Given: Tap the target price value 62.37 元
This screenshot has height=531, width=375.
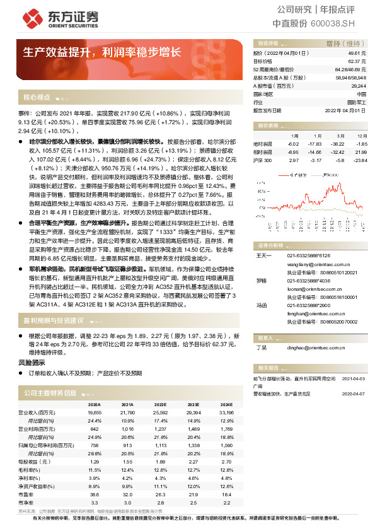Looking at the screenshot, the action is [358, 62].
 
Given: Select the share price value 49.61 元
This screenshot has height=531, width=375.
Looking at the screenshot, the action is [358, 54].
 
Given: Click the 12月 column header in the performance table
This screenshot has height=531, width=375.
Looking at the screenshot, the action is [361, 136].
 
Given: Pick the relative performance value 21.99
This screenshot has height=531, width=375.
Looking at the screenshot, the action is [361, 152].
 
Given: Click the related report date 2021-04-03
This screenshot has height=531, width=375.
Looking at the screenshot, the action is [355, 378].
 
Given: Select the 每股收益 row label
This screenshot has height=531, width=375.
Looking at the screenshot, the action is [28, 462].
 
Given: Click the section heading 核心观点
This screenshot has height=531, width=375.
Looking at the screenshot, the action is [37, 98].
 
